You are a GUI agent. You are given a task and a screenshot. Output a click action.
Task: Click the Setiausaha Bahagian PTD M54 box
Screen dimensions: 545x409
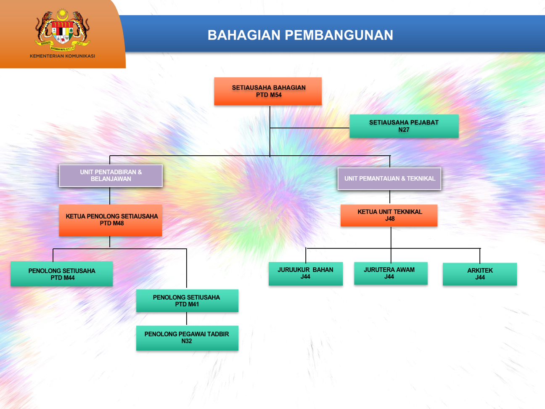click(268, 91)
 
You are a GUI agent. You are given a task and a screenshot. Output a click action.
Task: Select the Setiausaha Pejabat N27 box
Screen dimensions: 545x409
click(404, 126)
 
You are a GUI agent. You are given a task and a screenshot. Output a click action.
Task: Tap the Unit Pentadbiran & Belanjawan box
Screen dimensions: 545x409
click(111, 175)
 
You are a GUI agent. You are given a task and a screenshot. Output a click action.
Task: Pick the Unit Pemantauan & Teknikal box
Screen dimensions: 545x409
click(389, 178)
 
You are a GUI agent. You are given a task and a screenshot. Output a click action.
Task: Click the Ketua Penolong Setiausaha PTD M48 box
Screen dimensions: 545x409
click(111, 220)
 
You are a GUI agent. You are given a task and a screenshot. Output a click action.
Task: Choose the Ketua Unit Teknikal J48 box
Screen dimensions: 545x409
click(389, 215)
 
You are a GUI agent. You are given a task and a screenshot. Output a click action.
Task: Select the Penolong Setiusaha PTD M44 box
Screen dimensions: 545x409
click(61, 274)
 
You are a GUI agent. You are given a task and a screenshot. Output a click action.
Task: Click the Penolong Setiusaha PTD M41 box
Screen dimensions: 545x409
click(187, 300)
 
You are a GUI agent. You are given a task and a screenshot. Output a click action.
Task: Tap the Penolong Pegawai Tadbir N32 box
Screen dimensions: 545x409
click(187, 338)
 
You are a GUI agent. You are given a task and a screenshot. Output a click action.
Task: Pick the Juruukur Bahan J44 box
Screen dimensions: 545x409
click(306, 274)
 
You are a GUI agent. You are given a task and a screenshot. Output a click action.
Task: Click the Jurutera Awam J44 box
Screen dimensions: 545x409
click(391, 273)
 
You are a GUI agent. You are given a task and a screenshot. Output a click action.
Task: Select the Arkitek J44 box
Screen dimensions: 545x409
click(480, 274)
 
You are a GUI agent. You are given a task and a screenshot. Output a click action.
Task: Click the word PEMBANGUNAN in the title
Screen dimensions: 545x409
click(339, 35)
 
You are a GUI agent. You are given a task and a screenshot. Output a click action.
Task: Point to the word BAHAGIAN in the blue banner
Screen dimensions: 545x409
click(244, 35)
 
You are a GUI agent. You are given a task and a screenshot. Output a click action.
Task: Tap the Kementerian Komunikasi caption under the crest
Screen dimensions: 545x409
click(62, 56)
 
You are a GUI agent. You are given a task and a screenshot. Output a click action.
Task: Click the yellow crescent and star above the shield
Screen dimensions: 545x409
click(62, 14)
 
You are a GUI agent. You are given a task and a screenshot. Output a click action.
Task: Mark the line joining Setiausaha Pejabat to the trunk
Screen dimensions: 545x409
click(310, 128)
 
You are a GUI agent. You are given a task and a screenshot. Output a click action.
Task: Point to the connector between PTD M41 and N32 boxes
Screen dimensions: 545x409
click(187, 319)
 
